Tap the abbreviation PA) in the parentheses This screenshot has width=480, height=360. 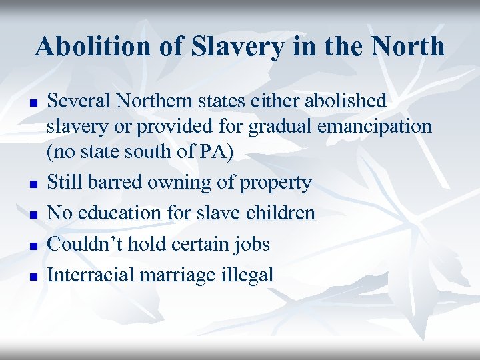pyautogui.click(x=216, y=152)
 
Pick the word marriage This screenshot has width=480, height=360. pyautogui.click(x=177, y=274)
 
